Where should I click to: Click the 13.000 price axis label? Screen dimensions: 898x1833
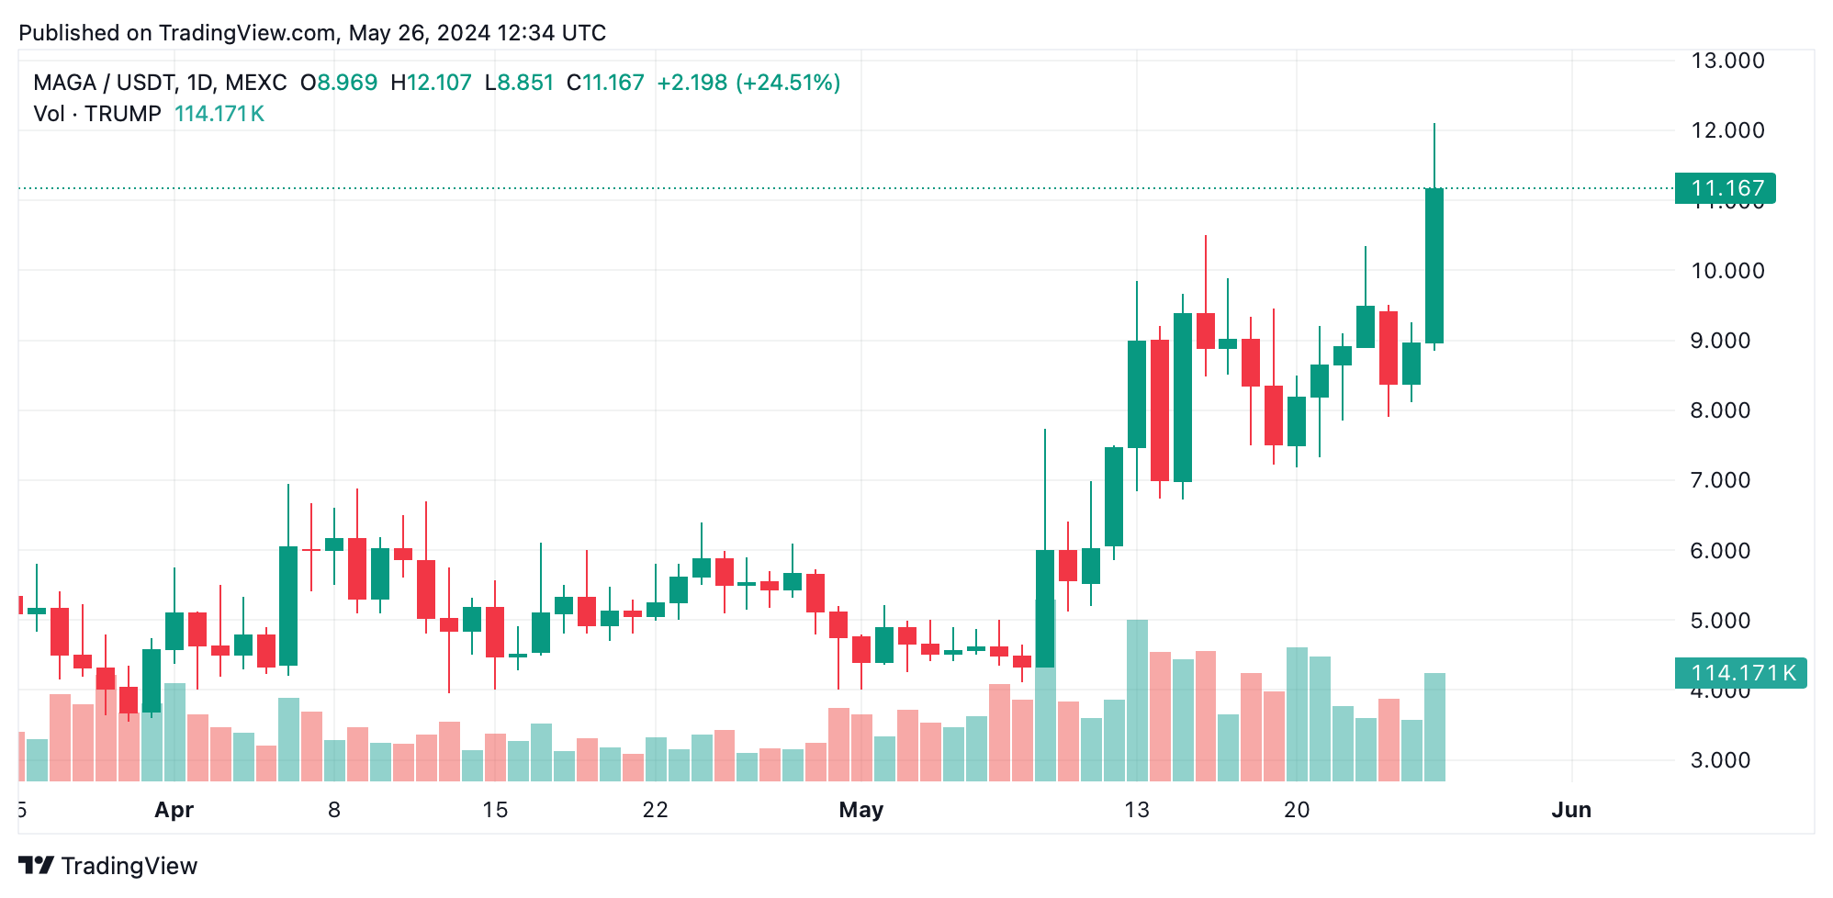pos(1727,61)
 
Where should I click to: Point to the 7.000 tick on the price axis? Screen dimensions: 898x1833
pos(1720,480)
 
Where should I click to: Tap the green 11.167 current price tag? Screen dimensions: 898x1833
pos(1725,188)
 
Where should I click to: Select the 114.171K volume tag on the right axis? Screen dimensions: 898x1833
pos(1740,673)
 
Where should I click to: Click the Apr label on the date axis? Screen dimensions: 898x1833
pos(174,810)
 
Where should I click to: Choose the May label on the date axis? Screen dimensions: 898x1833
pos(860,810)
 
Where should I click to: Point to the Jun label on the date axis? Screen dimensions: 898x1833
pos(1570,810)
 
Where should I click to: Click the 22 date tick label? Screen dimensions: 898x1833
pos(655,810)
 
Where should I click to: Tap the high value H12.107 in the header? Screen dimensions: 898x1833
pos(431,83)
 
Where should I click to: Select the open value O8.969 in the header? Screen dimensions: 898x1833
pos(339,83)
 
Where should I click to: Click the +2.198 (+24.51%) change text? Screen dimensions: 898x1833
pos(748,83)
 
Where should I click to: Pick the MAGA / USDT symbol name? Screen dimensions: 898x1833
pos(104,83)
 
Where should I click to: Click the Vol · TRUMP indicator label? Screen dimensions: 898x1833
pos(97,114)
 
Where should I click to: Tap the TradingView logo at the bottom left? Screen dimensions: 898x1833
pos(108,866)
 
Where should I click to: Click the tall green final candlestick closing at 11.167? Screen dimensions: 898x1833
pos(1434,266)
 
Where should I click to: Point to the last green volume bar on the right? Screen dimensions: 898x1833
pos(1434,727)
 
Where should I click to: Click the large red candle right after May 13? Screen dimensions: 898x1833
pos(1160,410)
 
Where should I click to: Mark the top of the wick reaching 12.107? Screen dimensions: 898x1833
pos(1434,125)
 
